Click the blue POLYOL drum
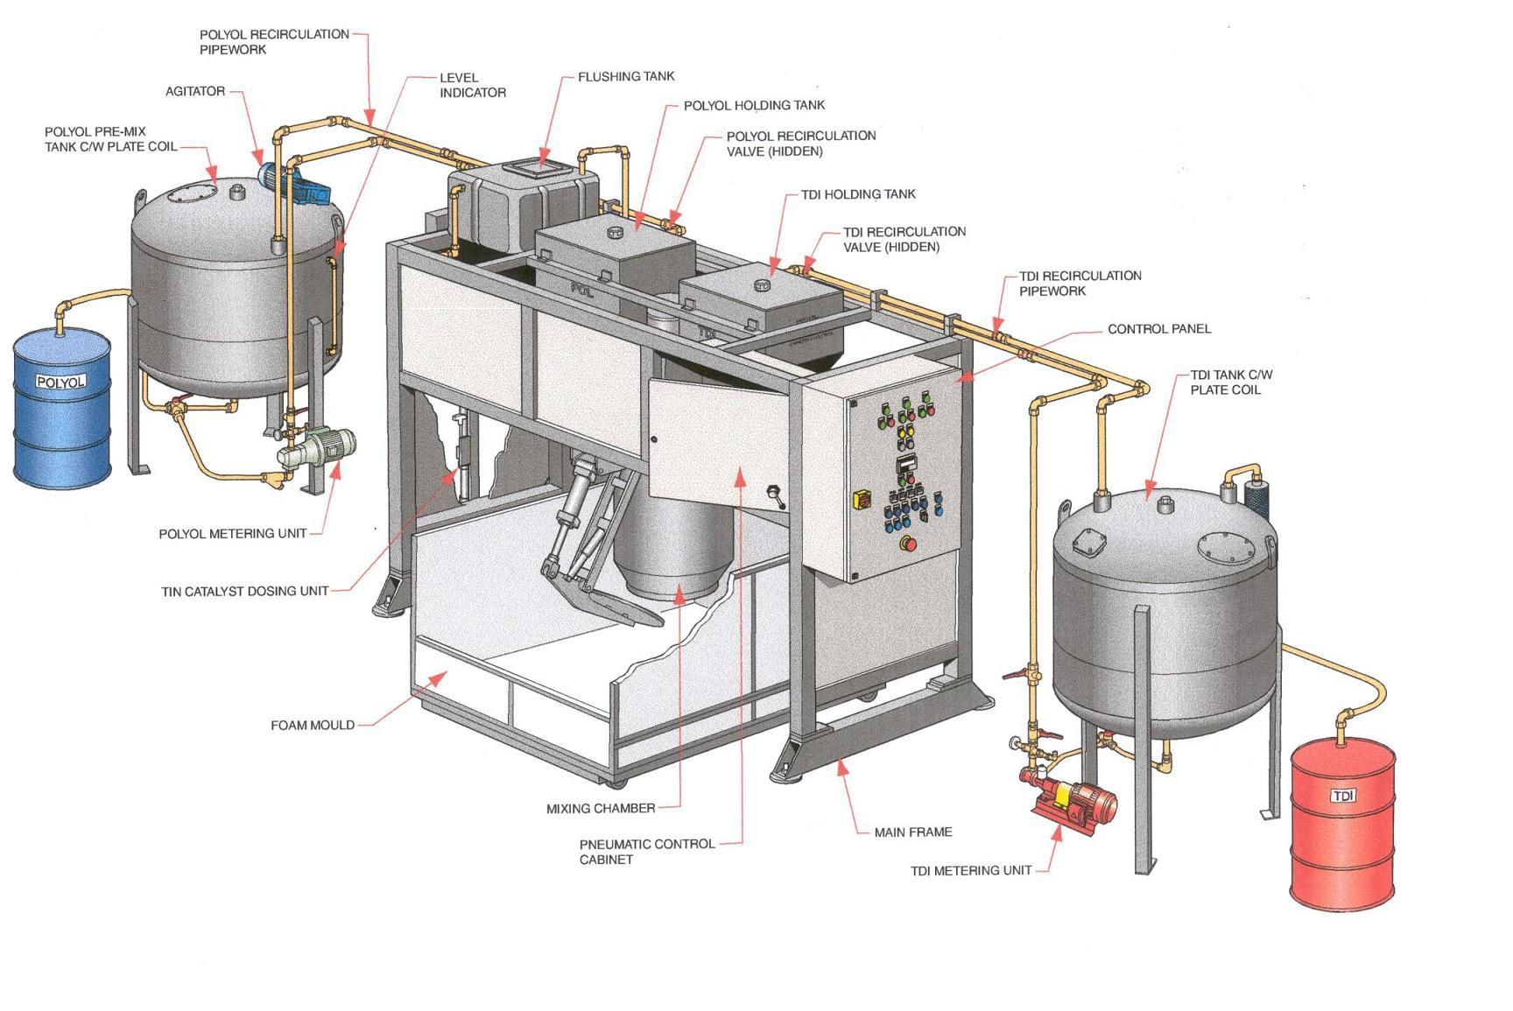(x=62, y=409)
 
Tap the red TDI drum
(x=1342, y=824)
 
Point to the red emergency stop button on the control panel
(x=910, y=544)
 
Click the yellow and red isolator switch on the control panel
(x=862, y=498)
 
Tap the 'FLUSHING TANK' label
(x=626, y=77)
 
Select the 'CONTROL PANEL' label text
(x=1159, y=329)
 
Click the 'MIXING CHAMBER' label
(x=601, y=809)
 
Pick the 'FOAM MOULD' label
(x=313, y=726)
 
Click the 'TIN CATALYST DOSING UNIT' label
(x=245, y=592)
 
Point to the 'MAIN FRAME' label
(x=913, y=832)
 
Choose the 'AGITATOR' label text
(x=195, y=91)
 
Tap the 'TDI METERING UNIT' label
(x=971, y=871)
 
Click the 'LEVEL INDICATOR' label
(x=473, y=85)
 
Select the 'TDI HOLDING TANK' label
(x=858, y=194)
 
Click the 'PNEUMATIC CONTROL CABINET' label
(x=647, y=852)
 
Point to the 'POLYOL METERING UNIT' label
(x=233, y=534)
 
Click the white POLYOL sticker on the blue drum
(x=60, y=382)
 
